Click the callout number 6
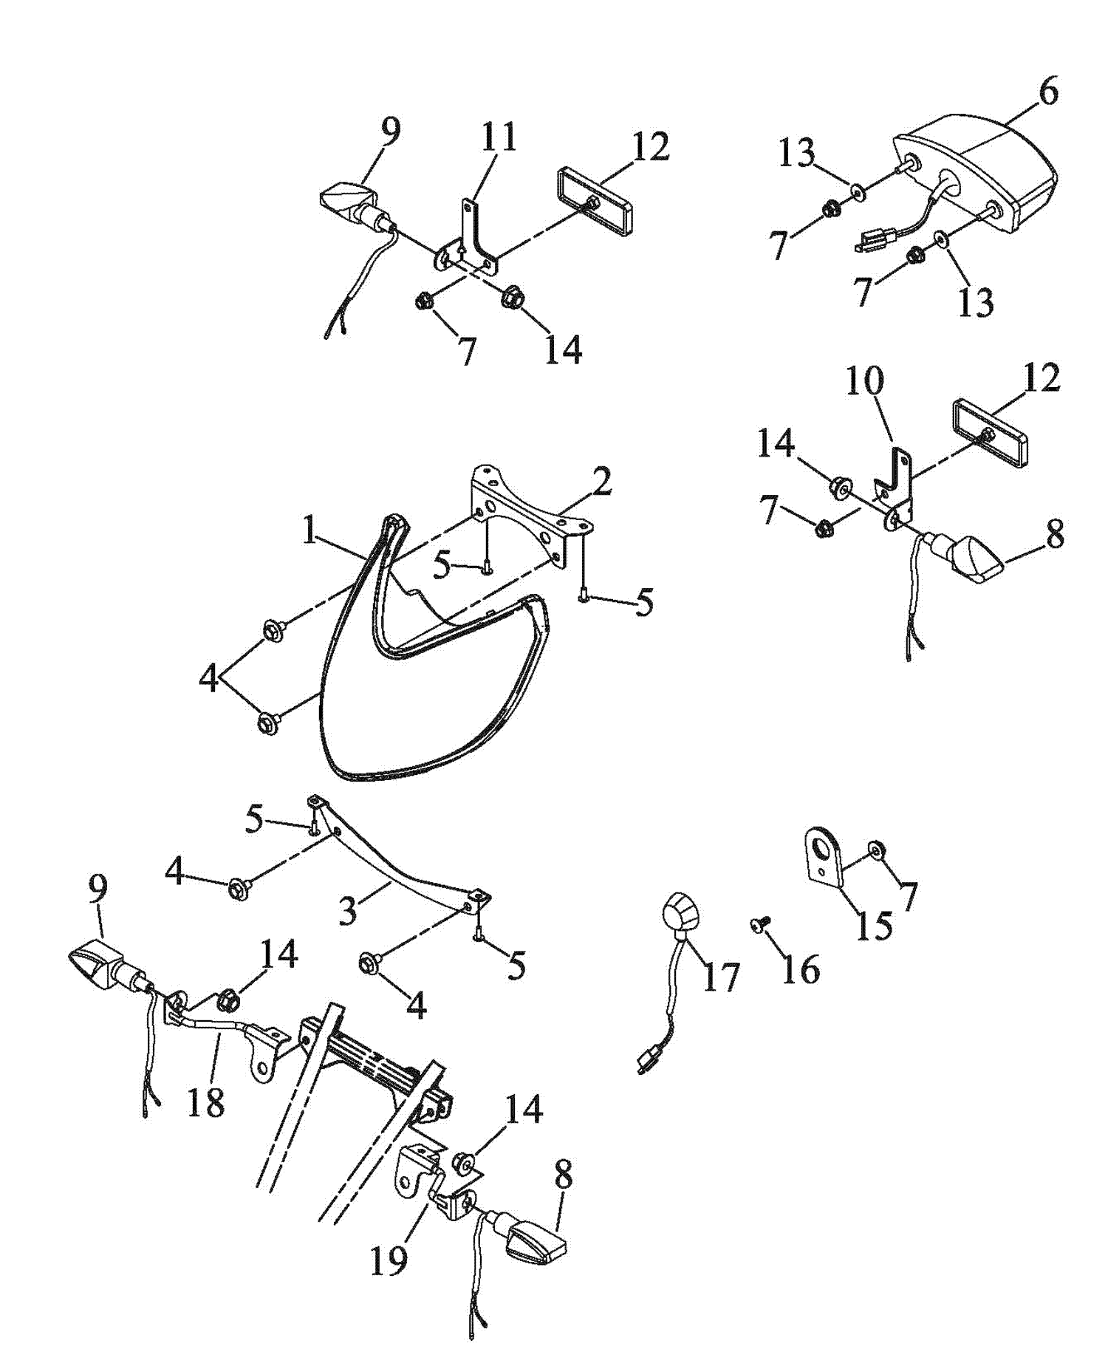pyautogui.click(x=1047, y=91)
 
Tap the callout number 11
pyautogui.click(x=499, y=137)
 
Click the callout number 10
pyautogui.click(x=864, y=381)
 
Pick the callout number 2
pyautogui.click(x=602, y=483)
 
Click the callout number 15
pyautogui.click(x=874, y=925)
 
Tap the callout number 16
pyautogui.click(x=801, y=969)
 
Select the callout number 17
pyautogui.click(x=720, y=978)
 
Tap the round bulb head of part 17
pyautogui.click(x=680, y=913)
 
